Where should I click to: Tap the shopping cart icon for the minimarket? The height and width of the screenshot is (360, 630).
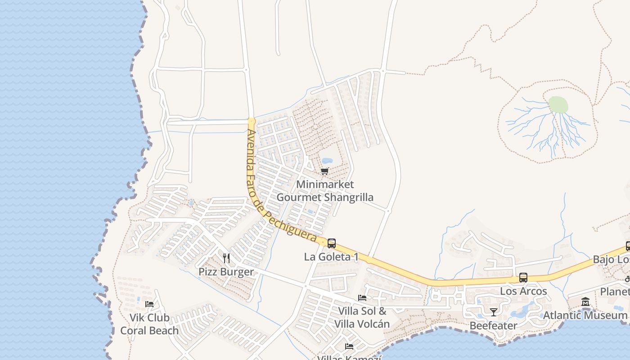[325, 171]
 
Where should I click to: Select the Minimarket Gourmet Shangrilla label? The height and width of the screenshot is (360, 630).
[324, 191]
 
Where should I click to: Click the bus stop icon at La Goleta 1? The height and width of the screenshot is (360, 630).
[332, 243]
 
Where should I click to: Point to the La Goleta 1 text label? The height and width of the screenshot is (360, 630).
[332, 257]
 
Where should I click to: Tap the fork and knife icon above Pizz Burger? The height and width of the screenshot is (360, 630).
[226, 258]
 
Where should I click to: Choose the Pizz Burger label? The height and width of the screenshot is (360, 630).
[226, 272]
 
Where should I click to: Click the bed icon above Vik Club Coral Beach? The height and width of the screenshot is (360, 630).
[149, 304]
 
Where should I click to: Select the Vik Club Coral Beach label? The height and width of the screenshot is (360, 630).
[149, 324]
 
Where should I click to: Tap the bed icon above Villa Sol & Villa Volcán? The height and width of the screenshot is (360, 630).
[362, 297]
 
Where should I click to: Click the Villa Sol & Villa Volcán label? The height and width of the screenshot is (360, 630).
[362, 317]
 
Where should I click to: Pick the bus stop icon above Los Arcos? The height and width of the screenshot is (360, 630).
[523, 278]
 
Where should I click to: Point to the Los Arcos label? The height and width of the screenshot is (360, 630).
[523, 291]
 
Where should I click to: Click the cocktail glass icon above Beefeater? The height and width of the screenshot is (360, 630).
[494, 312]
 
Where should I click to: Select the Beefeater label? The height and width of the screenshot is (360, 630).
[494, 325]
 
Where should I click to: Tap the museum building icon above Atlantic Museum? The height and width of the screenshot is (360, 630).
[585, 301]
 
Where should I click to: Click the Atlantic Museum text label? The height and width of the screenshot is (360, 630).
[585, 315]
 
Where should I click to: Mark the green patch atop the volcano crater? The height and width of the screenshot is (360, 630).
[558, 104]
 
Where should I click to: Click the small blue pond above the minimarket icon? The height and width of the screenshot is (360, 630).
[327, 161]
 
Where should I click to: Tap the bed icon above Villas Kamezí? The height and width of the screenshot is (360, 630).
[349, 346]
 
